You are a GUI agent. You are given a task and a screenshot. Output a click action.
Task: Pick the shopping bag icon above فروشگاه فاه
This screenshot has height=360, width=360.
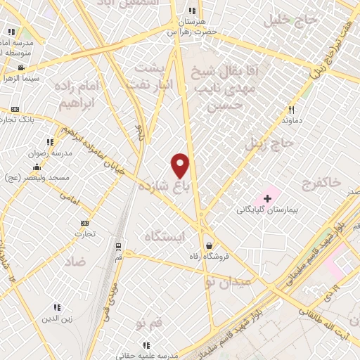[209, 245]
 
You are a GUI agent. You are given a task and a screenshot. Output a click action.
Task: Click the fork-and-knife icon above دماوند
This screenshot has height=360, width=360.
[290, 110]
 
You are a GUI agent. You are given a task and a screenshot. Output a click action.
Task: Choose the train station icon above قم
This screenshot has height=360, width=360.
[118, 247]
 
